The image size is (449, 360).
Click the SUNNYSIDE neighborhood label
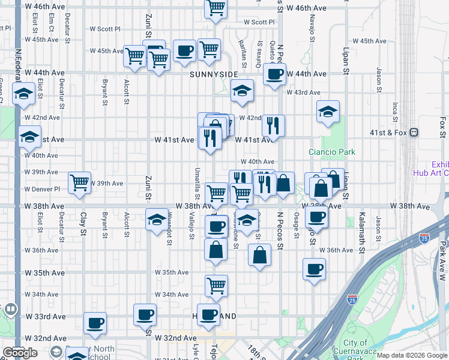[x=210, y=74]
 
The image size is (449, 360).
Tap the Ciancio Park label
[x=332, y=152]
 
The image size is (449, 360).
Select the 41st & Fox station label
[x=389, y=132]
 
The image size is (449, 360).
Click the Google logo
[x=20, y=353]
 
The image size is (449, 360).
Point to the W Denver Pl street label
[x=42, y=188]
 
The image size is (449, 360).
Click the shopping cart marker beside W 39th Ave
[x=80, y=182]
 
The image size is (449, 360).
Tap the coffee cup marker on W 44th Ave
[x=275, y=74]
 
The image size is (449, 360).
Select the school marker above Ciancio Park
[x=328, y=112]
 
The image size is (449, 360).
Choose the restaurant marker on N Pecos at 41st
[x=273, y=125]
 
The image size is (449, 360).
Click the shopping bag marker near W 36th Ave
[x=259, y=255]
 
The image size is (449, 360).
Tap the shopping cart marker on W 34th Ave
[x=216, y=286]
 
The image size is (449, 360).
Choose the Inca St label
[x=395, y=112]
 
